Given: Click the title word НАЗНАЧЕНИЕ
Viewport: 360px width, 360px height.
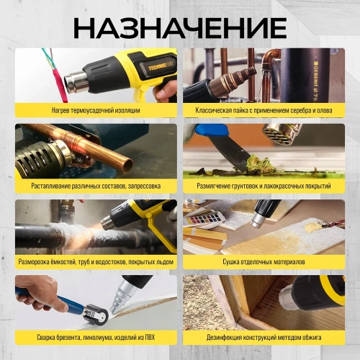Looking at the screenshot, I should click(x=179, y=27).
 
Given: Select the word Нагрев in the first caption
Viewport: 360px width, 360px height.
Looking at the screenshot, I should click(x=62, y=111).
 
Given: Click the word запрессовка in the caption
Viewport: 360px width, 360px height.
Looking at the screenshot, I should click(x=142, y=186).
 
